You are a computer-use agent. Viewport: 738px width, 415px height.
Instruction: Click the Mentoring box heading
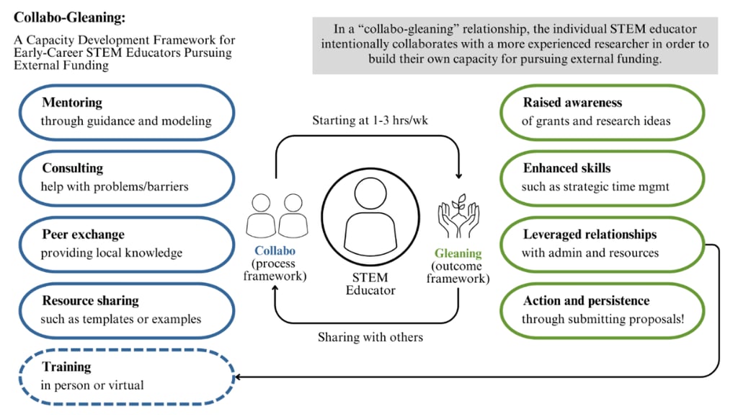(72, 102)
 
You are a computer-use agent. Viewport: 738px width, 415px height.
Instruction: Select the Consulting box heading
(72, 168)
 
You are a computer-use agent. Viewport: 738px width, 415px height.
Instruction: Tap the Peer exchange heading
(83, 235)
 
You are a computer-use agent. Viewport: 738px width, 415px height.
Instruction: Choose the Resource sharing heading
(90, 300)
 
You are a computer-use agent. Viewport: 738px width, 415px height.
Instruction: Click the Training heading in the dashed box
(66, 367)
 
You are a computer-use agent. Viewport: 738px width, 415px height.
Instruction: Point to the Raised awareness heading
(572, 102)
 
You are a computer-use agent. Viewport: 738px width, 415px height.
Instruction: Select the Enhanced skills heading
(566, 168)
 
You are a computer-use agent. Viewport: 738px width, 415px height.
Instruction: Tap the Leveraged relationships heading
(590, 235)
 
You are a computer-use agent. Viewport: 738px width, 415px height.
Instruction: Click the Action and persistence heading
(586, 300)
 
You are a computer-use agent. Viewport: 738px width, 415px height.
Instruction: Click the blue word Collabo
(274, 251)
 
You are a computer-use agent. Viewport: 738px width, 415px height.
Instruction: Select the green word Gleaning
(458, 253)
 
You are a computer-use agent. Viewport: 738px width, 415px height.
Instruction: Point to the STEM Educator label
(370, 284)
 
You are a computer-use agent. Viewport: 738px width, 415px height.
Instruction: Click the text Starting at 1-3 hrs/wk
(370, 120)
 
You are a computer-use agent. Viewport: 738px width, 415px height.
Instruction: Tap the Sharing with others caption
(370, 337)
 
